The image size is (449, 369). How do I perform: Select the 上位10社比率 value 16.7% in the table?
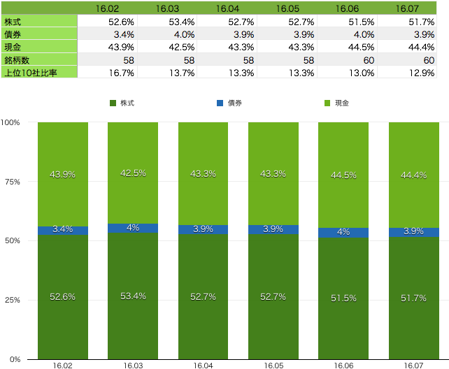click(x=122, y=73)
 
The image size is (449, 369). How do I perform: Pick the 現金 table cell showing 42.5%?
click(x=182, y=48)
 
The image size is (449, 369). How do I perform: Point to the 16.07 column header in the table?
click(x=407, y=8)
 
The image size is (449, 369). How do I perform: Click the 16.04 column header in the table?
click(x=227, y=8)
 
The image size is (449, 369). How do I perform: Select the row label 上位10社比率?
click(x=31, y=73)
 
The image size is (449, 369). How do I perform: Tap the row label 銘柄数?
click(x=17, y=60)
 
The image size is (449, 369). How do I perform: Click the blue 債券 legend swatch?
click(x=220, y=103)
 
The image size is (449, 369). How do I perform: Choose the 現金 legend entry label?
click(x=342, y=103)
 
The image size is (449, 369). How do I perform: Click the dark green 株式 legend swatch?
click(x=113, y=103)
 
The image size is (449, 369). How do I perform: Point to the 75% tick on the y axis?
click(x=13, y=182)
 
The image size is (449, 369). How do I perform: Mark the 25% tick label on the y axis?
click(x=13, y=300)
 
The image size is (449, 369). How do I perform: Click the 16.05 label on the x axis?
click(x=273, y=366)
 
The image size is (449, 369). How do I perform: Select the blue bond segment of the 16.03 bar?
click(x=133, y=228)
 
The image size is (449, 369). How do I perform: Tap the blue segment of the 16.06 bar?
click(x=343, y=233)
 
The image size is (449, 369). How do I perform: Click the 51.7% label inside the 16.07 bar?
click(x=413, y=298)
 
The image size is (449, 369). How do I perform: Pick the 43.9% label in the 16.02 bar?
click(x=62, y=175)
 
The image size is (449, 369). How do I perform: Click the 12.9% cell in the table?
click(x=422, y=73)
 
